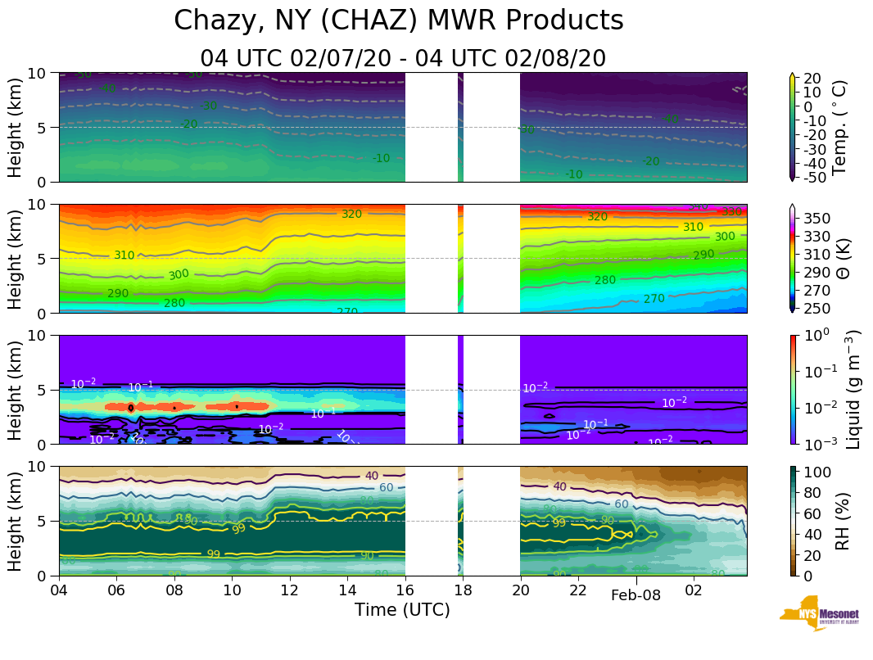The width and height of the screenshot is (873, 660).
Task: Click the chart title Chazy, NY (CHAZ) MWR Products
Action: click(x=399, y=20)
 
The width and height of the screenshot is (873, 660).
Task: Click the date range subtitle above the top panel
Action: click(x=403, y=58)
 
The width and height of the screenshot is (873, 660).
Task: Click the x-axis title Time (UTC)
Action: click(x=402, y=610)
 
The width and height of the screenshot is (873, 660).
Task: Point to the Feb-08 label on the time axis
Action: click(x=636, y=596)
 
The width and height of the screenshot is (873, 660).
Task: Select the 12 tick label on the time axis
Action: click(x=289, y=590)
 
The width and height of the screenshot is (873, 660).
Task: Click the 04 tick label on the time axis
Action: click(x=58, y=590)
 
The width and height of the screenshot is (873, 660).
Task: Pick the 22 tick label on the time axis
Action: click(x=578, y=590)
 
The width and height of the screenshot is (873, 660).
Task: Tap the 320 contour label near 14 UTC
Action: click(x=351, y=214)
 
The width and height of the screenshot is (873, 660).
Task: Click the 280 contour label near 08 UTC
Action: click(x=174, y=303)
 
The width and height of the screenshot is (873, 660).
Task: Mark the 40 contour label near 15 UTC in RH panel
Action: click(x=371, y=476)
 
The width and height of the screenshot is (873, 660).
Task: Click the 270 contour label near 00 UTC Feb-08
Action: click(x=654, y=299)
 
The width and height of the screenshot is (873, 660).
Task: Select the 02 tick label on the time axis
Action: click(x=694, y=590)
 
